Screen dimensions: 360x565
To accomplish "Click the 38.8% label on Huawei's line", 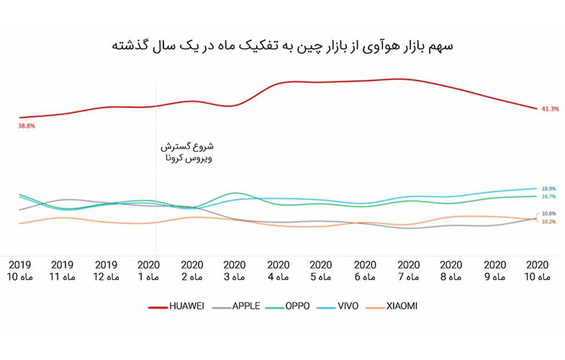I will click(x=27, y=126).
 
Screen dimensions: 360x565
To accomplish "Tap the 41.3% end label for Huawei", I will click(x=550, y=109).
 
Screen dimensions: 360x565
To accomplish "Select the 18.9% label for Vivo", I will click(x=548, y=189).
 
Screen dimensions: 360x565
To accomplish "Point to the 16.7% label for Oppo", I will click(x=548, y=197).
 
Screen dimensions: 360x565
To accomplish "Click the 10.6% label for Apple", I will click(x=548, y=214).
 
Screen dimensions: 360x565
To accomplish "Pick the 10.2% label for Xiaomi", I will click(x=548, y=222).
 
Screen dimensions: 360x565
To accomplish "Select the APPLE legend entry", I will click(x=240, y=306).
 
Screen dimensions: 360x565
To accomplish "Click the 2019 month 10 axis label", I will click(x=19, y=270).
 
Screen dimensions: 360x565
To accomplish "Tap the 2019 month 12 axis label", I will click(x=106, y=270).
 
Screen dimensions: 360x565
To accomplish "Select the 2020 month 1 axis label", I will click(x=149, y=270).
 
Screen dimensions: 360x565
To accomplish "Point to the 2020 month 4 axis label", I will click(x=279, y=270).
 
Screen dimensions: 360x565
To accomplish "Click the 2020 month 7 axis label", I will click(x=408, y=270).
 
